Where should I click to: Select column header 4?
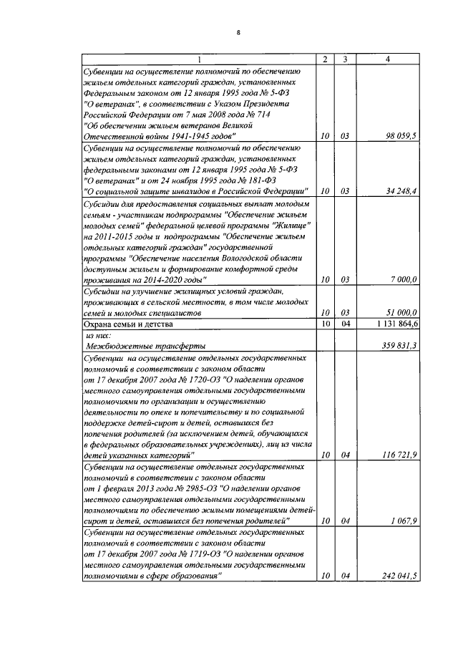tap(387, 59)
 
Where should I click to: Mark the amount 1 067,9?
tap(404, 521)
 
